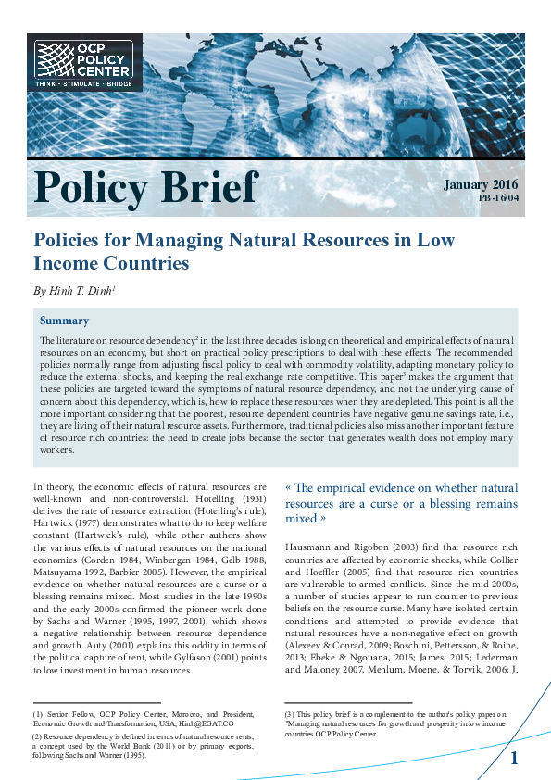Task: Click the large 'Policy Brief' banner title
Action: coord(145,188)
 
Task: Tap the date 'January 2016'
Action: coord(481,184)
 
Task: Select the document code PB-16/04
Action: coord(498,198)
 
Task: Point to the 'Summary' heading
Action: coord(64,321)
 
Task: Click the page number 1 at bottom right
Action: coord(514,759)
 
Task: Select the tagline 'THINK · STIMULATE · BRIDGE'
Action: coord(83,83)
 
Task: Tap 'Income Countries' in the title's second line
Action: coord(111,263)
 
